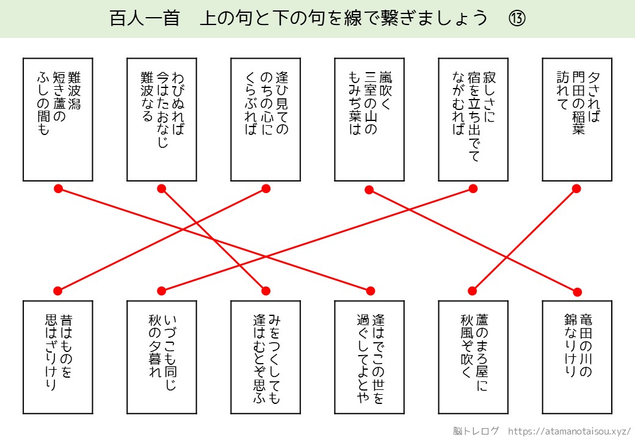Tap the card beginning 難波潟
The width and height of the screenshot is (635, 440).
58,119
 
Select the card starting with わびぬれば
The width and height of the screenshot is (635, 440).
162,119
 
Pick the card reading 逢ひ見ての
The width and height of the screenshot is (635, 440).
266,119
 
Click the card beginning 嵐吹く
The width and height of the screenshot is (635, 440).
369,119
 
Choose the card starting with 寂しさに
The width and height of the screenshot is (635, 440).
473,119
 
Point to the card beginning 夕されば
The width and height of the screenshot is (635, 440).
577,119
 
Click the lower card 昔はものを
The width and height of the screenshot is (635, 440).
58,358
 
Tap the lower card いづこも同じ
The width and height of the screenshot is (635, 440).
162,358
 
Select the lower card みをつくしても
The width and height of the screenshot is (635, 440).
266,358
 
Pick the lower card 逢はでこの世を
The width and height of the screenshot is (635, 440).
369,358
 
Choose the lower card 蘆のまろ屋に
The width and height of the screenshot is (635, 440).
473,358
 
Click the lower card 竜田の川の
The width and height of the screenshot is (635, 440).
577,358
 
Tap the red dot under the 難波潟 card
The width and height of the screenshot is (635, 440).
58,189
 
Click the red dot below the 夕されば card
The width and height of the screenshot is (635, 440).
577,189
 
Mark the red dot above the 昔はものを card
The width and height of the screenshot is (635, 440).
58,290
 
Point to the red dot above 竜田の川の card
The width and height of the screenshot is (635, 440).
577,291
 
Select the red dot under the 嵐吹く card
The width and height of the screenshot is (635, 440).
369,190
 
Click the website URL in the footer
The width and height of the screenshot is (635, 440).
569,430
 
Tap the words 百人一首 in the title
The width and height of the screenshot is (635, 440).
144,19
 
